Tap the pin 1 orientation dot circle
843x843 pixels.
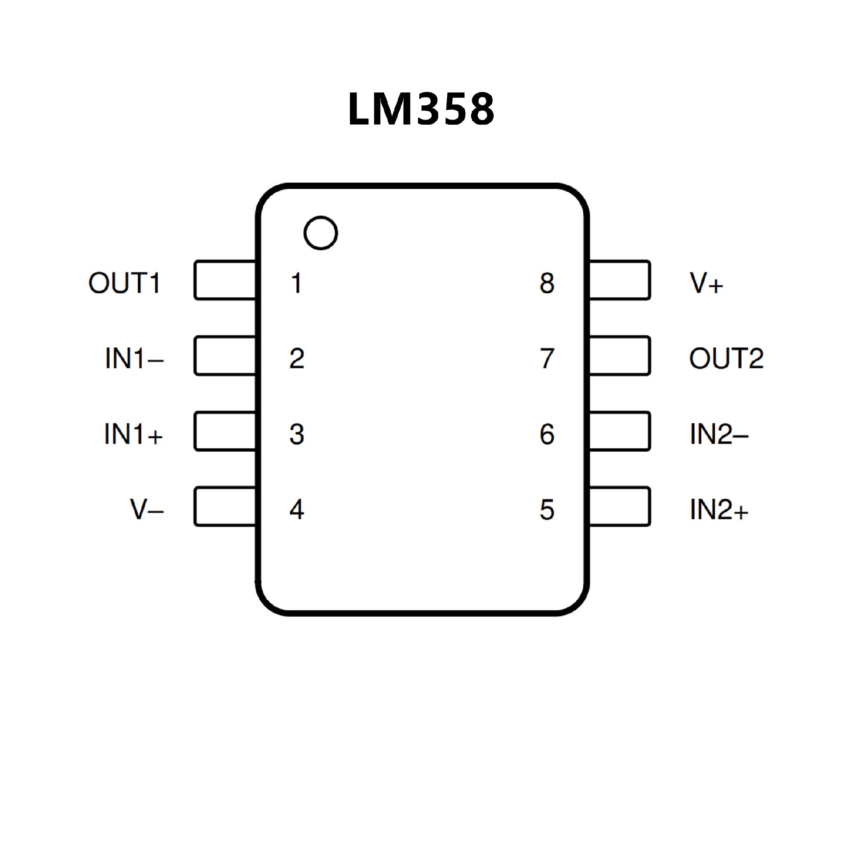321,233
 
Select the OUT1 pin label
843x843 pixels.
125,283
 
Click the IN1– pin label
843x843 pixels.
134,358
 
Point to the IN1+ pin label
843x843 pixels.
133,434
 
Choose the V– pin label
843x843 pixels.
147,510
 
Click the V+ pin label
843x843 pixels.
706,283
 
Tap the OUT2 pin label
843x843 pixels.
726,358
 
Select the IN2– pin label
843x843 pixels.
719,434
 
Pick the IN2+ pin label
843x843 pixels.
719,510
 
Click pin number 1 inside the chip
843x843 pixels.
297,283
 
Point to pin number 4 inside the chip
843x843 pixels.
297,510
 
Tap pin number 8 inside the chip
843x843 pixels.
547,283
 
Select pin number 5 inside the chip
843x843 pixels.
547,510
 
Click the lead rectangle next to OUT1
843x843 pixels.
225,280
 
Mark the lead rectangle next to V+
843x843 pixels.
619,280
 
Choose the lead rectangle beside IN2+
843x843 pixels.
619,506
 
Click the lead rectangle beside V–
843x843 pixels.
225,506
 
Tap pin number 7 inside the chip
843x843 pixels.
547,358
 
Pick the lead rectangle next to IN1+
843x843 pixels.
225,431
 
